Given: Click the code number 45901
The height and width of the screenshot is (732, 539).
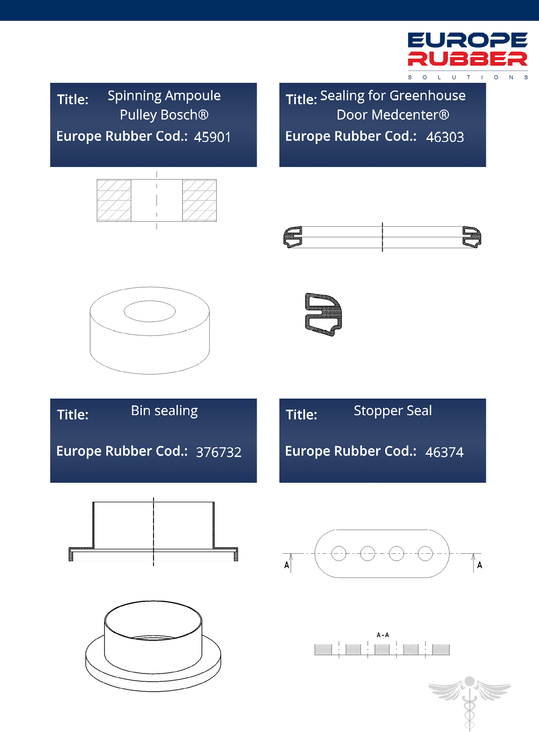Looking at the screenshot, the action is click(212, 137).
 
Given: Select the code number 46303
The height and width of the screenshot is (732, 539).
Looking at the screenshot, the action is click(445, 137).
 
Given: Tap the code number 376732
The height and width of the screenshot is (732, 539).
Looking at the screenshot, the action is click(218, 452).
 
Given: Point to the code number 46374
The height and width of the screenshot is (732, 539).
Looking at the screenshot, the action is click(444, 452).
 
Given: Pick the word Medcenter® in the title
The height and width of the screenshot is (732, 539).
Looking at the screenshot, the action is click(410, 115).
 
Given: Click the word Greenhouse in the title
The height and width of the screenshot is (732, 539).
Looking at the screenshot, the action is click(428, 96).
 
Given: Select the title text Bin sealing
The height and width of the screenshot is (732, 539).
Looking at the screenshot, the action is click(164, 411).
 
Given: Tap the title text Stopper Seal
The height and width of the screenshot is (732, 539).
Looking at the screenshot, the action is click(393, 411).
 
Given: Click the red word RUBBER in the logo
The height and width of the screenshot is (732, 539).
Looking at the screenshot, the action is click(467, 58).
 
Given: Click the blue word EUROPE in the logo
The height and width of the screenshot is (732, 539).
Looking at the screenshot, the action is click(467, 40).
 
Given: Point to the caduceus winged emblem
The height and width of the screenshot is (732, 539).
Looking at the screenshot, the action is click(469, 703).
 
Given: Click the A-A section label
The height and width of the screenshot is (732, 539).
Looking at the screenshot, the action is click(383, 635).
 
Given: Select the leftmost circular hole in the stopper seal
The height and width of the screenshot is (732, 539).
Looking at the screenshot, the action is click(338, 554).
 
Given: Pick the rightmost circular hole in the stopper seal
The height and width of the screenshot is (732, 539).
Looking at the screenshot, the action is click(425, 554).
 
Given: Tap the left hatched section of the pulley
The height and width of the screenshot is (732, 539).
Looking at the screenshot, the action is click(114, 201).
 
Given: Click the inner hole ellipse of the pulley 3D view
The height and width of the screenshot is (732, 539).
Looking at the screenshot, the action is click(149, 311).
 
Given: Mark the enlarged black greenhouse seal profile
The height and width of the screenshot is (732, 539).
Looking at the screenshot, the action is click(323, 314).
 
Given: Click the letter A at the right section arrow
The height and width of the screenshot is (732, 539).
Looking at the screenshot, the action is click(480, 565).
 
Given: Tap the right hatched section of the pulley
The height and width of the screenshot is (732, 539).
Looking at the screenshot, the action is click(199, 201).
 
